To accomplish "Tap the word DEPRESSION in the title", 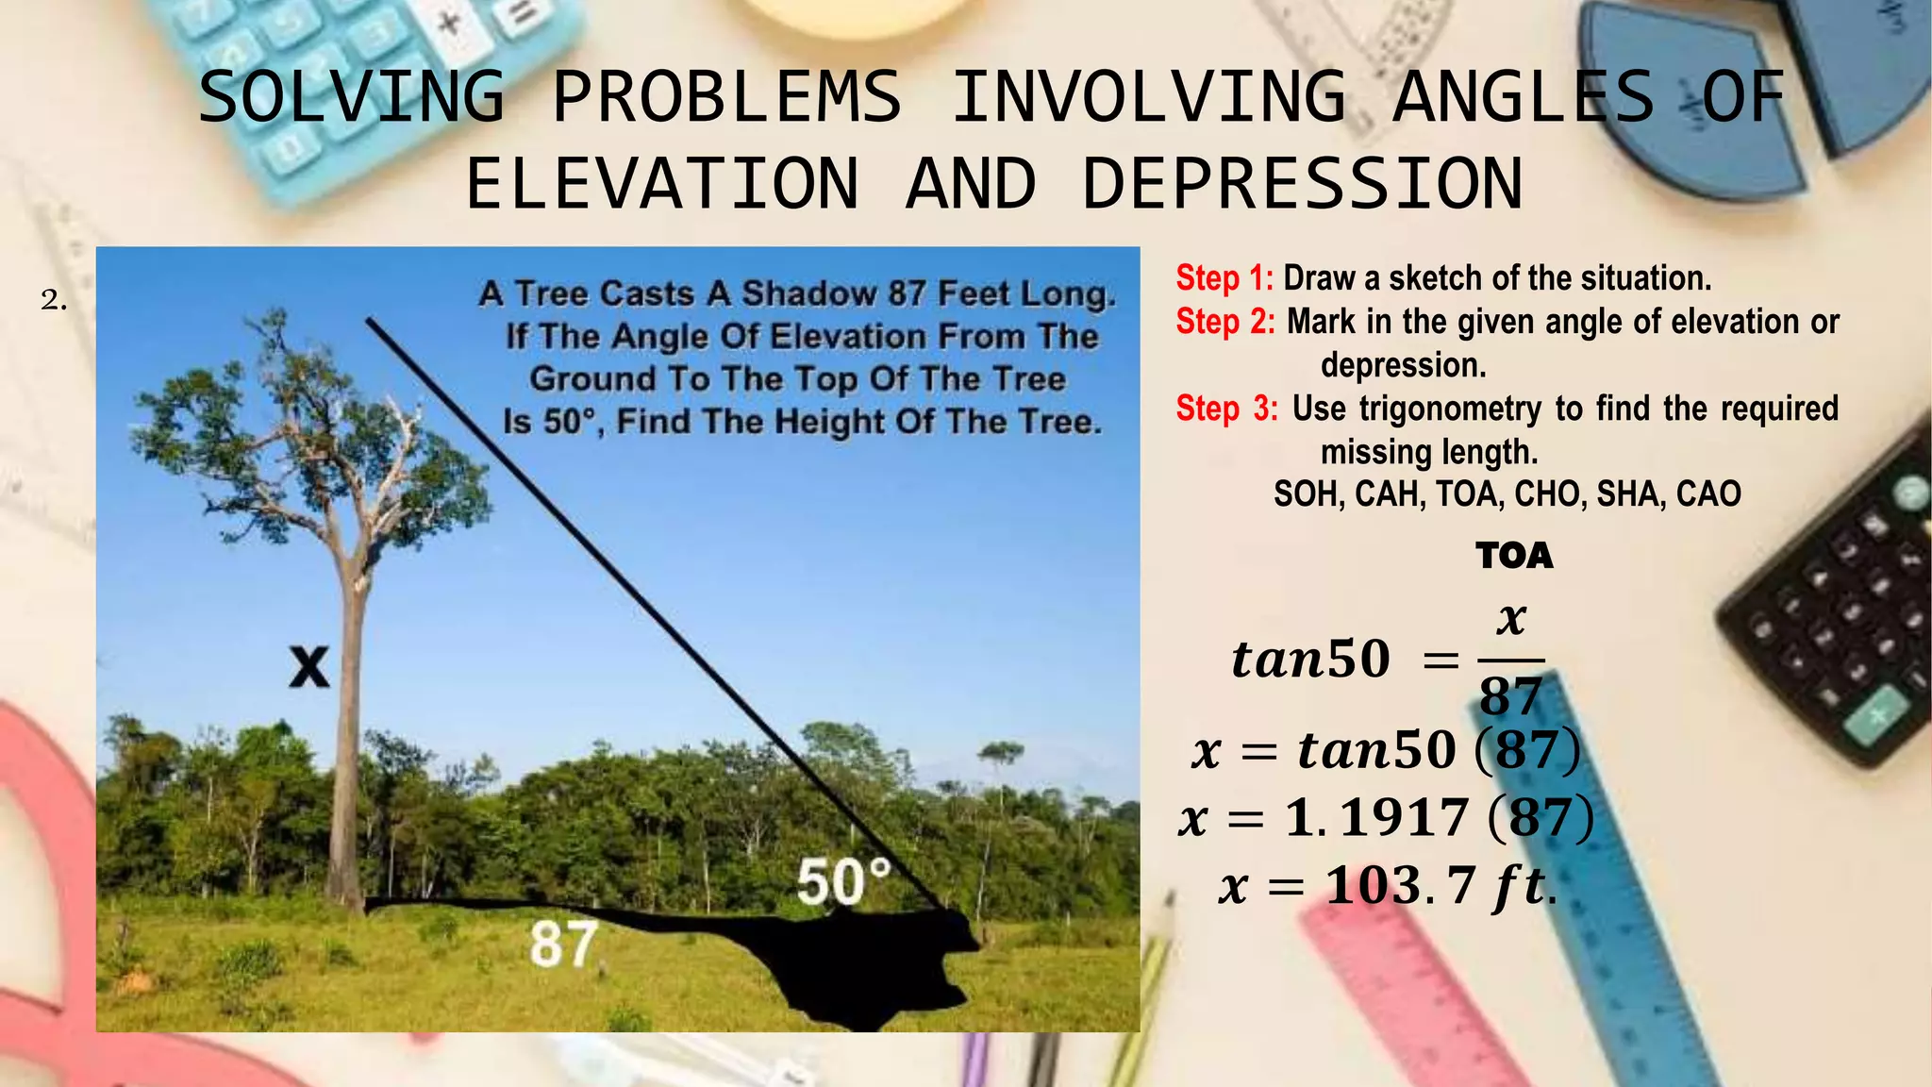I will click(x=1302, y=184).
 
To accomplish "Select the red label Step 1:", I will click(x=1224, y=278).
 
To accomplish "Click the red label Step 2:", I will click(x=1224, y=322).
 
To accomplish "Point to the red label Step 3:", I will click(x=1226, y=409).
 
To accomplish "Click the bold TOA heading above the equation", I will click(x=1514, y=556).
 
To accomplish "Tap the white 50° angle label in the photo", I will click(x=842, y=882).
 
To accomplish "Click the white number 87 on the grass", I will click(x=563, y=945).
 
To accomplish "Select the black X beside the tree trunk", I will click(x=308, y=667).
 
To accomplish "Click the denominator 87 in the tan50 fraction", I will click(x=1510, y=697).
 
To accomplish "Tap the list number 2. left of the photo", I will click(x=54, y=301).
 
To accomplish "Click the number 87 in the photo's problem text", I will click(x=906, y=293).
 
